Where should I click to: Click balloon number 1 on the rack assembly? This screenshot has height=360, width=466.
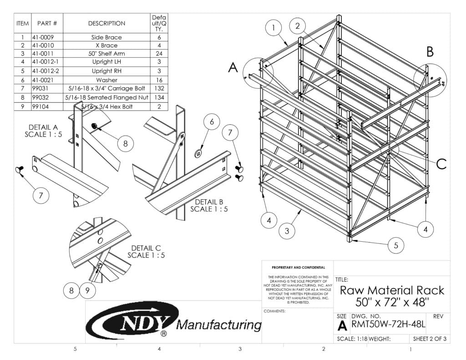tap(274, 28)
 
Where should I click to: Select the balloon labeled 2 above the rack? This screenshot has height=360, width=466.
tap(297, 26)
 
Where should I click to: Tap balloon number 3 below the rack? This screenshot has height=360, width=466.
tap(287, 231)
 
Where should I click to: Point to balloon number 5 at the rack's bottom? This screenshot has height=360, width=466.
tap(396, 245)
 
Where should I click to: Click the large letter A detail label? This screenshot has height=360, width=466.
tap(233, 68)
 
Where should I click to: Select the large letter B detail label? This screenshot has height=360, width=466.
tap(430, 52)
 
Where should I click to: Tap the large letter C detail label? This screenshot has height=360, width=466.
tap(441, 164)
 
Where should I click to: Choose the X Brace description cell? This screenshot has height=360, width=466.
tap(106, 46)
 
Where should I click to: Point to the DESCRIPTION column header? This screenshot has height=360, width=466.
tap(106, 23)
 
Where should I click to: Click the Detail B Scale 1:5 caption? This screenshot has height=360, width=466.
tap(208, 205)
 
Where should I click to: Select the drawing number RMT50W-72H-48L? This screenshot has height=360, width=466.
tap(388, 325)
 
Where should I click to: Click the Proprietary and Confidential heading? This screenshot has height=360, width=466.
tap(298, 268)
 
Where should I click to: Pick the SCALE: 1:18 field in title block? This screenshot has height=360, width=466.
tap(352, 339)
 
